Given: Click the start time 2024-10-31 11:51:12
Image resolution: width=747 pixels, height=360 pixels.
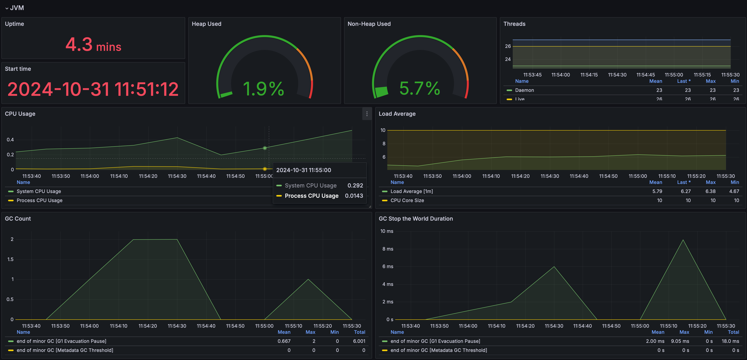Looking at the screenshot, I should (x=93, y=89).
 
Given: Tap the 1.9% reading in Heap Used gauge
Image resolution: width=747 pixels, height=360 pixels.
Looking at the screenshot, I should (x=263, y=89).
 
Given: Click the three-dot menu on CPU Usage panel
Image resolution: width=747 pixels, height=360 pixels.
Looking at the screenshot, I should (x=367, y=114).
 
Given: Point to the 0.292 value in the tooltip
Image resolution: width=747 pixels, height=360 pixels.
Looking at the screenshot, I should (x=355, y=186).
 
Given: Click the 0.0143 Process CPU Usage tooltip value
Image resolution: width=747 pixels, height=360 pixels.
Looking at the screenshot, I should (x=354, y=196).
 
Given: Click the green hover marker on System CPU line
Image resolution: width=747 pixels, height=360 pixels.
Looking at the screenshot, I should (x=265, y=148).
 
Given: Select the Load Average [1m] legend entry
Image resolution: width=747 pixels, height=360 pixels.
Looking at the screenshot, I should (x=412, y=191).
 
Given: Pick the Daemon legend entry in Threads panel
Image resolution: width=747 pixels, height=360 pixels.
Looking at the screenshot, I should (x=524, y=90).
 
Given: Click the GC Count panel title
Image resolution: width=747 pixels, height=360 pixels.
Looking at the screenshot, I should (x=18, y=219).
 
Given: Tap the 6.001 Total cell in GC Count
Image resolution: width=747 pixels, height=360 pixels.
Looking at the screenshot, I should (x=359, y=341).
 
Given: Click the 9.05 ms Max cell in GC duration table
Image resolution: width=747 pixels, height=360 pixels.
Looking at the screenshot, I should (x=680, y=341).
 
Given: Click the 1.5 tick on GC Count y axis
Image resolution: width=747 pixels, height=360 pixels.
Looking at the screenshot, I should (x=10, y=259).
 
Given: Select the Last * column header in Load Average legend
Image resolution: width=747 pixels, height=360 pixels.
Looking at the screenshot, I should (x=684, y=182).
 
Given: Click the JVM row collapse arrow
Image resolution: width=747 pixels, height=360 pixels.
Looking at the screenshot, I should (x=7, y=8).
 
